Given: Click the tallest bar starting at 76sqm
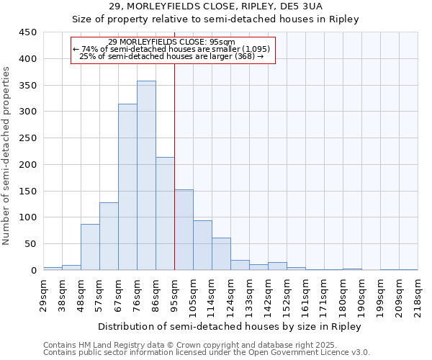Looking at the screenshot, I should pos(146,176).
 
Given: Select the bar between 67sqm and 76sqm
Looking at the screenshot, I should pos(127,187).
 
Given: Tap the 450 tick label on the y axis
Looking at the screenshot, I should pos(28,32).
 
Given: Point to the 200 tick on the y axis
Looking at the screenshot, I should pos(28,165).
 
